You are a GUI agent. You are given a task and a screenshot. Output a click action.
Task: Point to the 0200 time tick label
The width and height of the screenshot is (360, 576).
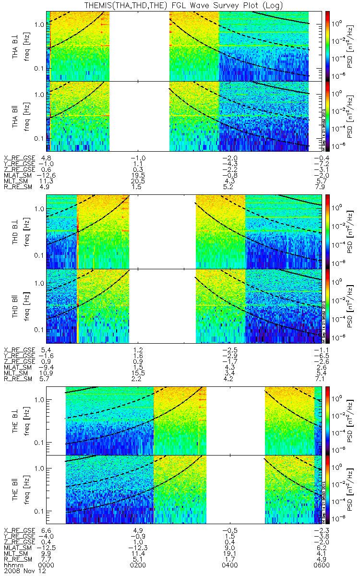pyautogui.click(x=138, y=565)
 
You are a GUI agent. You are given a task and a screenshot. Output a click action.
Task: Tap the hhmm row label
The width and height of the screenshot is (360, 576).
pyautogui.click(x=12, y=565)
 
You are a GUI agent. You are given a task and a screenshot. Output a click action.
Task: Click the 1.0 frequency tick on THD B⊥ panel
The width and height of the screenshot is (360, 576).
pyautogui.click(x=39, y=210)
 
